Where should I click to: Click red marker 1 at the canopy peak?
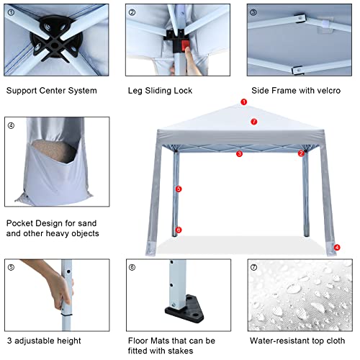[244, 102]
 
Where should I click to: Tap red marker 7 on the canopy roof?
[254, 122]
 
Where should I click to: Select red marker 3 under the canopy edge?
[239, 154]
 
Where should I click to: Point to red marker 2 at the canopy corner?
[301, 153]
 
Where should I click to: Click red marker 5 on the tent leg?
[179, 189]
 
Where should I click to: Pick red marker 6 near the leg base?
[179, 230]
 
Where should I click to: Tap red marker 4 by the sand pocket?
[337, 247]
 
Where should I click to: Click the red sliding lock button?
[185, 45]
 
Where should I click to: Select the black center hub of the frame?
[55, 38]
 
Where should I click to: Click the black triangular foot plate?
[184, 309]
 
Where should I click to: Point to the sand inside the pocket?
[54, 150]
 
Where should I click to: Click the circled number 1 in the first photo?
[11, 12]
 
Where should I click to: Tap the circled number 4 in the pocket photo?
[11, 125]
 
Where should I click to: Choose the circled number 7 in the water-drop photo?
[253, 267]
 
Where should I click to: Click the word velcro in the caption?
[328, 91]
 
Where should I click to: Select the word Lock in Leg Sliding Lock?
[183, 91]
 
